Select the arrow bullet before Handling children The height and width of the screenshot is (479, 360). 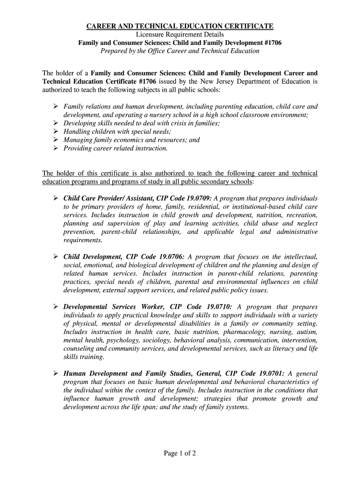click(55, 131)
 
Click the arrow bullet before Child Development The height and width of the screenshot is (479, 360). click(55, 256)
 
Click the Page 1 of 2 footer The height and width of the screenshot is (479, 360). click(180, 453)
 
